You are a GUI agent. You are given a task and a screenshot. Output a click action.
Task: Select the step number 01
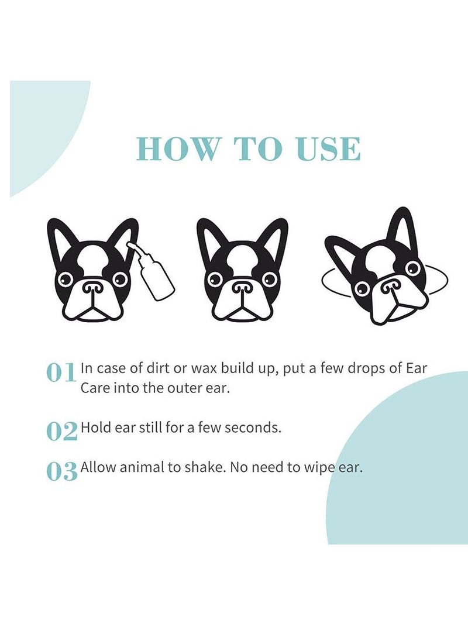(61, 373)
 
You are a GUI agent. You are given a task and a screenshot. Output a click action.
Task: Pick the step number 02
(61, 431)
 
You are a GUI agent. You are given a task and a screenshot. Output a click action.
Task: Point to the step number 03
(61, 471)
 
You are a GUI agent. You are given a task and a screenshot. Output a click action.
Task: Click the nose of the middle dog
(242, 288)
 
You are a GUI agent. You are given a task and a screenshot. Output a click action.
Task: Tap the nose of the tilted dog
(391, 287)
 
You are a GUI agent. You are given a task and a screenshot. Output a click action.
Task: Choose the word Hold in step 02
(95, 427)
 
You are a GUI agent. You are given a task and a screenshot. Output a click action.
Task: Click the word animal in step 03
(135, 468)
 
